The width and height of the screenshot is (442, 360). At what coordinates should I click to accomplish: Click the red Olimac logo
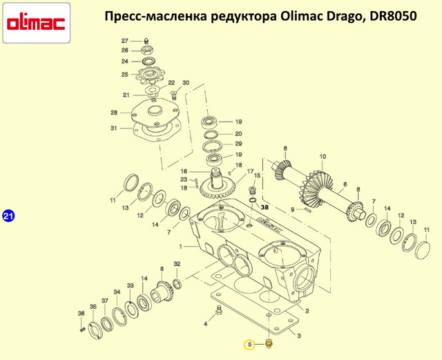point(36,23)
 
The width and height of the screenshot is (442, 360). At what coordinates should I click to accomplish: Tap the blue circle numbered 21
point(8,216)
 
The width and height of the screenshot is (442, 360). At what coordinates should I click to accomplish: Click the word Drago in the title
point(344,17)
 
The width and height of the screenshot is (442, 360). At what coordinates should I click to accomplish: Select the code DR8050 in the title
point(393,17)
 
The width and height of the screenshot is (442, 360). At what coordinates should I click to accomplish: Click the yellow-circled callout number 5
point(249,345)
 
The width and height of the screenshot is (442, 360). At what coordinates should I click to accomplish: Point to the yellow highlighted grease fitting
point(269,344)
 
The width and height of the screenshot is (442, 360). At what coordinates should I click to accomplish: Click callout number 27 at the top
point(125,41)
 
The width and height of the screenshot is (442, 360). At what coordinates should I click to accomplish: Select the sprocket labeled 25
point(149,75)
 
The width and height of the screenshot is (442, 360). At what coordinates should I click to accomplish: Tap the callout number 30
point(186,83)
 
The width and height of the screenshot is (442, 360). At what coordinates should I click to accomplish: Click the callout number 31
point(113,129)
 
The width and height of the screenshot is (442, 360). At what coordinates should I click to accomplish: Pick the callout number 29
point(238,144)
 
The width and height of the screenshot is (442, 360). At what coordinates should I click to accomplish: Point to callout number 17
point(250,171)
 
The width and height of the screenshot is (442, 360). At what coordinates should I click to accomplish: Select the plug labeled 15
point(253,190)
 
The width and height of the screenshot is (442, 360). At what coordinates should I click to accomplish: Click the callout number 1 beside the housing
point(181,247)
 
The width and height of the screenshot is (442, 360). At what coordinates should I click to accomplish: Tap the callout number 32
point(177,264)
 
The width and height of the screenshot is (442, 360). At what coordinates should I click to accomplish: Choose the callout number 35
point(93,307)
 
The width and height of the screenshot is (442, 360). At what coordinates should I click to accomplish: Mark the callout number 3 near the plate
point(299,336)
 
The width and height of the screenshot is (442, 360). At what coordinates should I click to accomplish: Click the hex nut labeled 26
point(147,50)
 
